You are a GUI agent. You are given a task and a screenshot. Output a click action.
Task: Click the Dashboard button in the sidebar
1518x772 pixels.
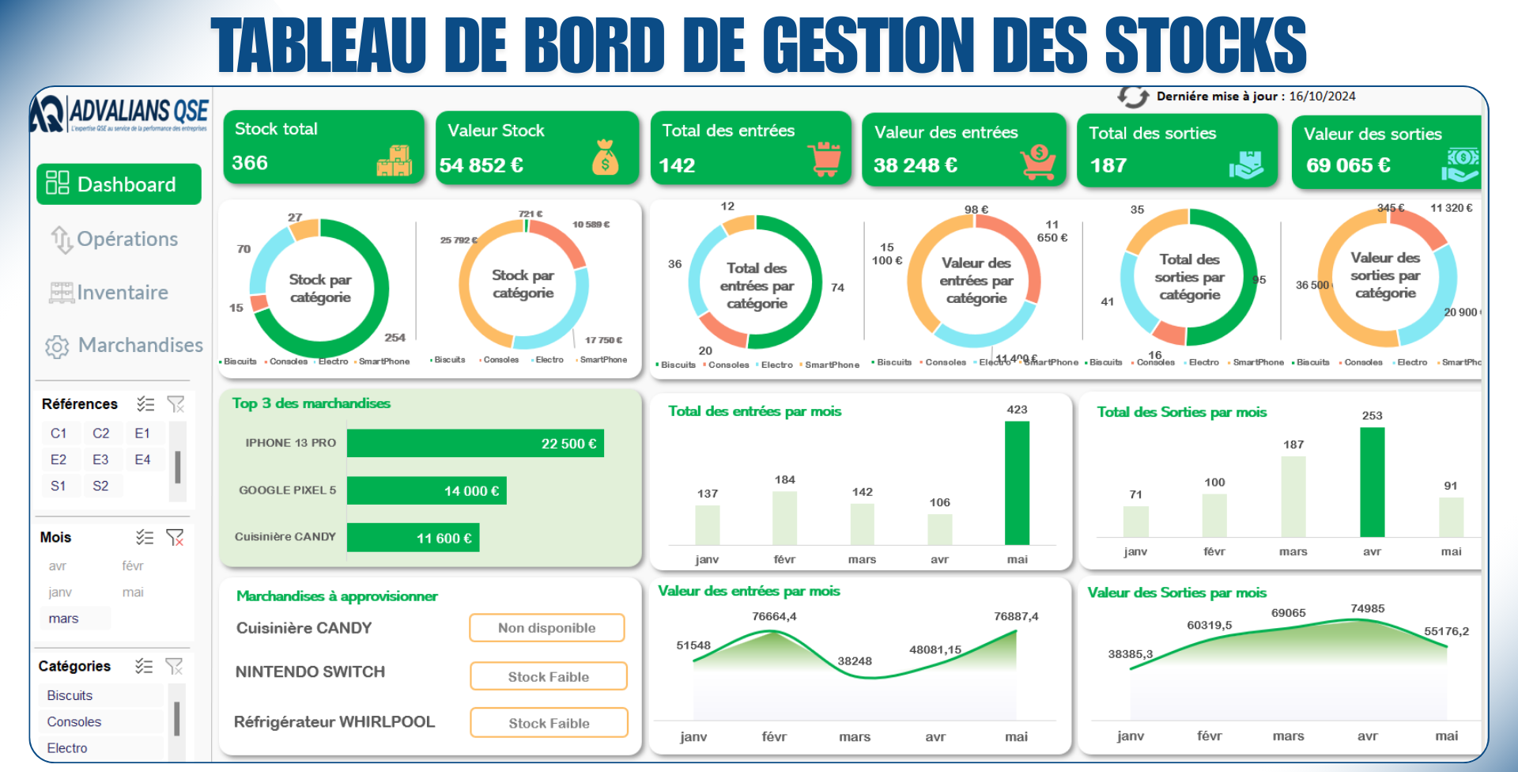(x=119, y=184)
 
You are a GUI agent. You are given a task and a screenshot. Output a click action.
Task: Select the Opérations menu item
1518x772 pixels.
(x=115, y=239)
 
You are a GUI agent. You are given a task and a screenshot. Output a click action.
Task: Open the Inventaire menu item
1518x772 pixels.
(x=110, y=293)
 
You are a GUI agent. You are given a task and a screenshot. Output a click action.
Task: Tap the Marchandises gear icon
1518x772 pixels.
(x=57, y=346)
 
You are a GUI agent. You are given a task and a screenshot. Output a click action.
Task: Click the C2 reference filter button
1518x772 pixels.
(x=100, y=433)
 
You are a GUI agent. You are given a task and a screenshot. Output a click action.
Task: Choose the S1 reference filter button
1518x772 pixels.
(x=59, y=486)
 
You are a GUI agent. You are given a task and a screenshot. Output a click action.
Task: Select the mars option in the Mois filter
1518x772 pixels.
(x=64, y=619)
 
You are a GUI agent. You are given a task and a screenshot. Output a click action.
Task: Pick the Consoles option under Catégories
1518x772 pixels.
(x=74, y=721)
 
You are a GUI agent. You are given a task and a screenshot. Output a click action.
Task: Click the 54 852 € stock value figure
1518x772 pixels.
(x=481, y=165)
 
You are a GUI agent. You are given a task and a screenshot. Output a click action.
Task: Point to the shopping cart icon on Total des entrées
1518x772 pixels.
(x=825, y=159)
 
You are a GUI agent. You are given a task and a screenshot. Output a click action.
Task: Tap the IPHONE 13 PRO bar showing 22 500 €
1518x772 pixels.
(x=475, y=443)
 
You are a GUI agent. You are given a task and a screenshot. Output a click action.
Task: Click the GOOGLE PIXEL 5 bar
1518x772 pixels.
(x=427, y=490)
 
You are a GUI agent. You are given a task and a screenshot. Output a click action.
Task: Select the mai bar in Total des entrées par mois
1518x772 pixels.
(x=1017, y=482)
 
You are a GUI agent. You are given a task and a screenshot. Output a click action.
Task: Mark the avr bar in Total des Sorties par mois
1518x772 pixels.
(x=1372, y=482)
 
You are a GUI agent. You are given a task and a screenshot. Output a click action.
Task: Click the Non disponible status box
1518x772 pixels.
(x=547, y=628)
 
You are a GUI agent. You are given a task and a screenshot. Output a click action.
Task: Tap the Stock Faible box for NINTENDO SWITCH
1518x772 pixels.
(x=549, y=676)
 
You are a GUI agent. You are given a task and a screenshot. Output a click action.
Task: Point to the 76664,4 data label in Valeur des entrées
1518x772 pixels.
(x=774, y=616)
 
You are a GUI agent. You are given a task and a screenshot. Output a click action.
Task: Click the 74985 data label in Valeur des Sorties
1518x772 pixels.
(x=1367, y=608)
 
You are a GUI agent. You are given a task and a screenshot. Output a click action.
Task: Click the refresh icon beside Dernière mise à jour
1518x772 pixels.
(x=1133, y=96)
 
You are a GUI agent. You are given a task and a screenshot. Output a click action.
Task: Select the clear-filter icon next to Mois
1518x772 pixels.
(x=175, y=538)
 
